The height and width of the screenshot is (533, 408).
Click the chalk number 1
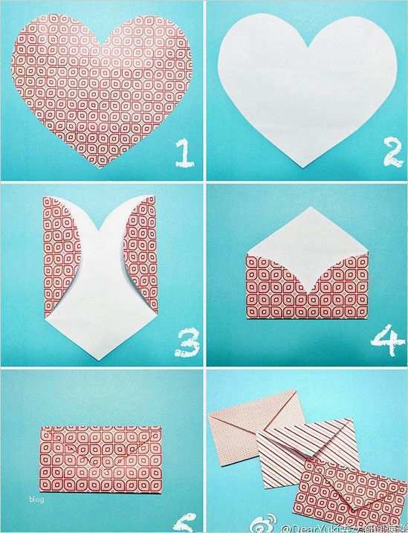(x=182, y=152)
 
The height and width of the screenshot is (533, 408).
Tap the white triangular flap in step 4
(x=305, y=238)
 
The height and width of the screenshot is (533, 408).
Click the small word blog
(x=36, y=499)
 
